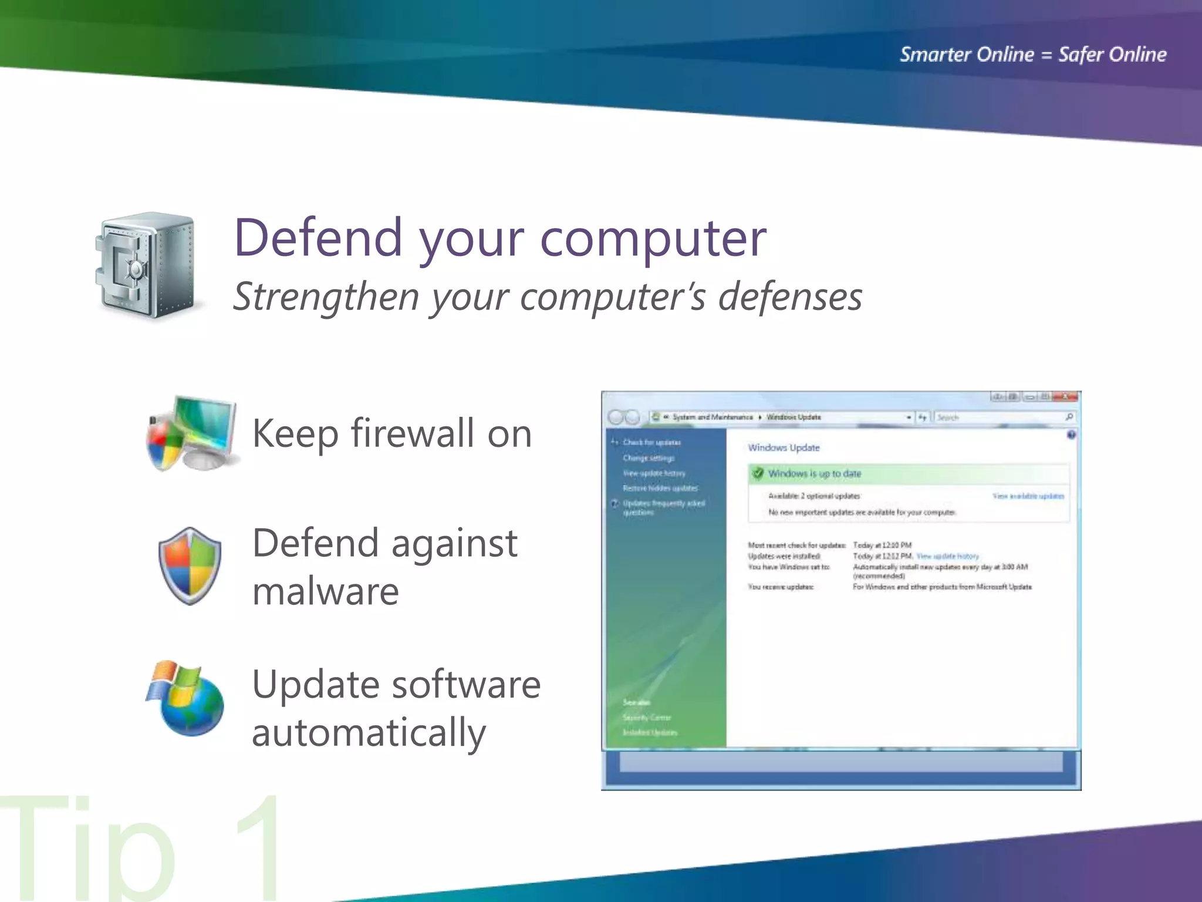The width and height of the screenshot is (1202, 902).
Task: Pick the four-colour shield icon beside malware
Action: (190, 566)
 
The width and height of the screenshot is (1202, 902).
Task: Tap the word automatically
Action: (369, 733)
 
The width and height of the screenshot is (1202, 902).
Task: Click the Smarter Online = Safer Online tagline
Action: (1033, 55)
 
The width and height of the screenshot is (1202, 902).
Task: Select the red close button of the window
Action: (1066, 398)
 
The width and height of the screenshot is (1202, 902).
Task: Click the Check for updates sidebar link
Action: (651, 442)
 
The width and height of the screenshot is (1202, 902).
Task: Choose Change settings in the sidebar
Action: (649, 458)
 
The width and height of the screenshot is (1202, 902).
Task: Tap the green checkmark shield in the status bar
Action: (758, 473)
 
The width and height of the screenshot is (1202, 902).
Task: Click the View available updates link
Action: (1028, 496)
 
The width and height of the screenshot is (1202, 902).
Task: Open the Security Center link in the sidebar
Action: (647, 718)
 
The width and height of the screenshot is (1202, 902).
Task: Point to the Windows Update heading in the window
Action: (784, 447)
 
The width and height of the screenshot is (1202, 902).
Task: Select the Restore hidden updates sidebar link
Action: (660, 488)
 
